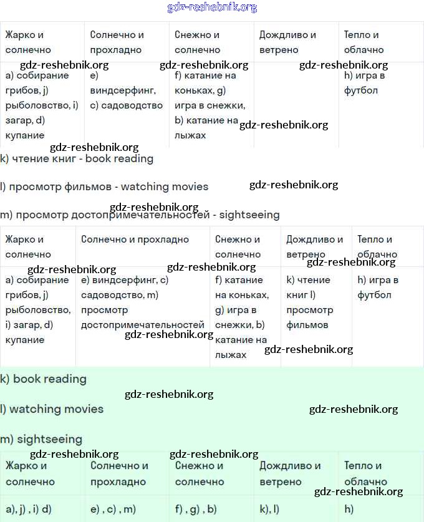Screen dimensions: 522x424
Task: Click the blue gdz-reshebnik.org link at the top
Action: [212, 7]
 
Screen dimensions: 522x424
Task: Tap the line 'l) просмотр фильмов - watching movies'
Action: [104, 186]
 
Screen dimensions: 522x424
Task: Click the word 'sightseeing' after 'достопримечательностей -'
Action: [250, 215]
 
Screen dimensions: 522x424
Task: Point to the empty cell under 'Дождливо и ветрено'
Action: [296, 105]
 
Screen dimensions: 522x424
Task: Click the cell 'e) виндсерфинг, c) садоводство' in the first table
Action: [127, 91]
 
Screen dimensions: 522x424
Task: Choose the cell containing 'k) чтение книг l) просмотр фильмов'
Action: [316, 302]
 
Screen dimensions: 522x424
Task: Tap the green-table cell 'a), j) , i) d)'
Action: [29, 509]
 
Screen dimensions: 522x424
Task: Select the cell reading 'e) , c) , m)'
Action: [113, 509]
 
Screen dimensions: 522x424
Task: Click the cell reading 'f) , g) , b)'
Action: [196, 509]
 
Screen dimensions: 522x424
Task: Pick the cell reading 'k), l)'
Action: [269, 509]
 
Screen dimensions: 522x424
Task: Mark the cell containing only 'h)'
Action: [349, 509]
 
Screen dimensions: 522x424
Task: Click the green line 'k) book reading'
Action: [43, 379]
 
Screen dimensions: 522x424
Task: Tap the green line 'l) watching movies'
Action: [52, 409]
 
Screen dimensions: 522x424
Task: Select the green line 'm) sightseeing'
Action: [41, 439]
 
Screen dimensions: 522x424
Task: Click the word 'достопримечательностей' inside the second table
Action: [143, 325]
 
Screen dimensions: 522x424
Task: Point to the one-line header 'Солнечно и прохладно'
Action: [135, 239]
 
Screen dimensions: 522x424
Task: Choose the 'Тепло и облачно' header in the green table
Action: [365, 473]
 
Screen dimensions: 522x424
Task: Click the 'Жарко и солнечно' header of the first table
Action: [28, 42]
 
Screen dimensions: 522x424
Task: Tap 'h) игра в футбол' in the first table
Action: [365, 83]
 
